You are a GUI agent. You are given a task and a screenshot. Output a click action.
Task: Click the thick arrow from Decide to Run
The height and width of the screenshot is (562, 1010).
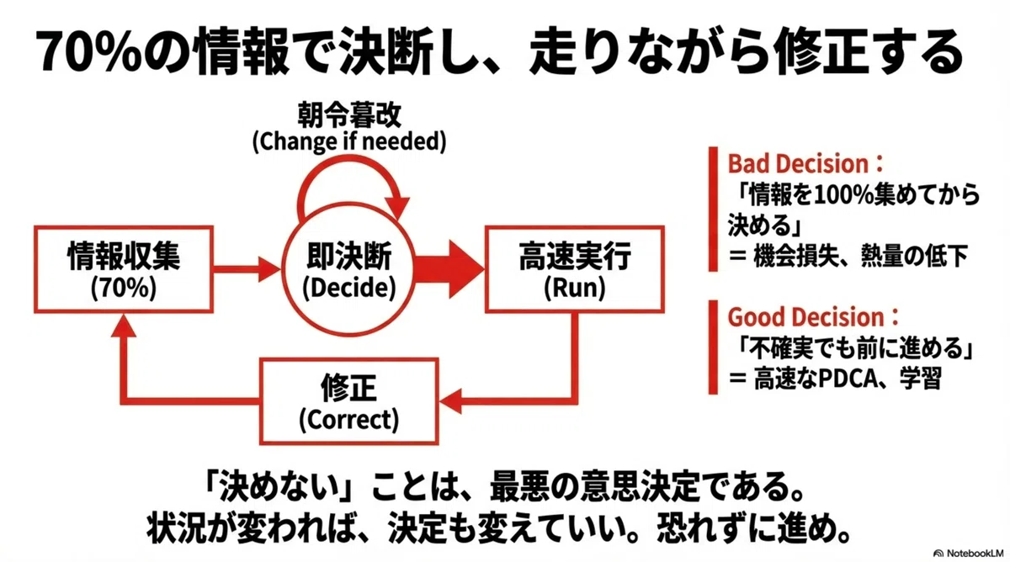point(449,269)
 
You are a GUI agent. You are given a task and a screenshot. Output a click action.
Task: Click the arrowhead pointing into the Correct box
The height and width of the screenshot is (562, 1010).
point(450,400)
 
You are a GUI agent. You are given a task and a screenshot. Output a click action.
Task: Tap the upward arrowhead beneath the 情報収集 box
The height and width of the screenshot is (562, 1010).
point(124,326)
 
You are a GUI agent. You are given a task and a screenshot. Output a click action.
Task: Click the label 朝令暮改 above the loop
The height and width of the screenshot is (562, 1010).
point(349,115)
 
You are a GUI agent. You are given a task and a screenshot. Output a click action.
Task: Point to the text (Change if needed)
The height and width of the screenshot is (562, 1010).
point(349,141)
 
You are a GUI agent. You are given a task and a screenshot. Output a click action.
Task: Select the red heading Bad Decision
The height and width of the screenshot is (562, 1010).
point(805,164)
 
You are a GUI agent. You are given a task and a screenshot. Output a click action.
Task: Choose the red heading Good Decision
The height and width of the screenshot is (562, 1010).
point(813,317)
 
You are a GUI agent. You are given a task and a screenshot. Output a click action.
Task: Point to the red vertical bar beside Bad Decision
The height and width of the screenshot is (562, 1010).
point(713,209)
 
